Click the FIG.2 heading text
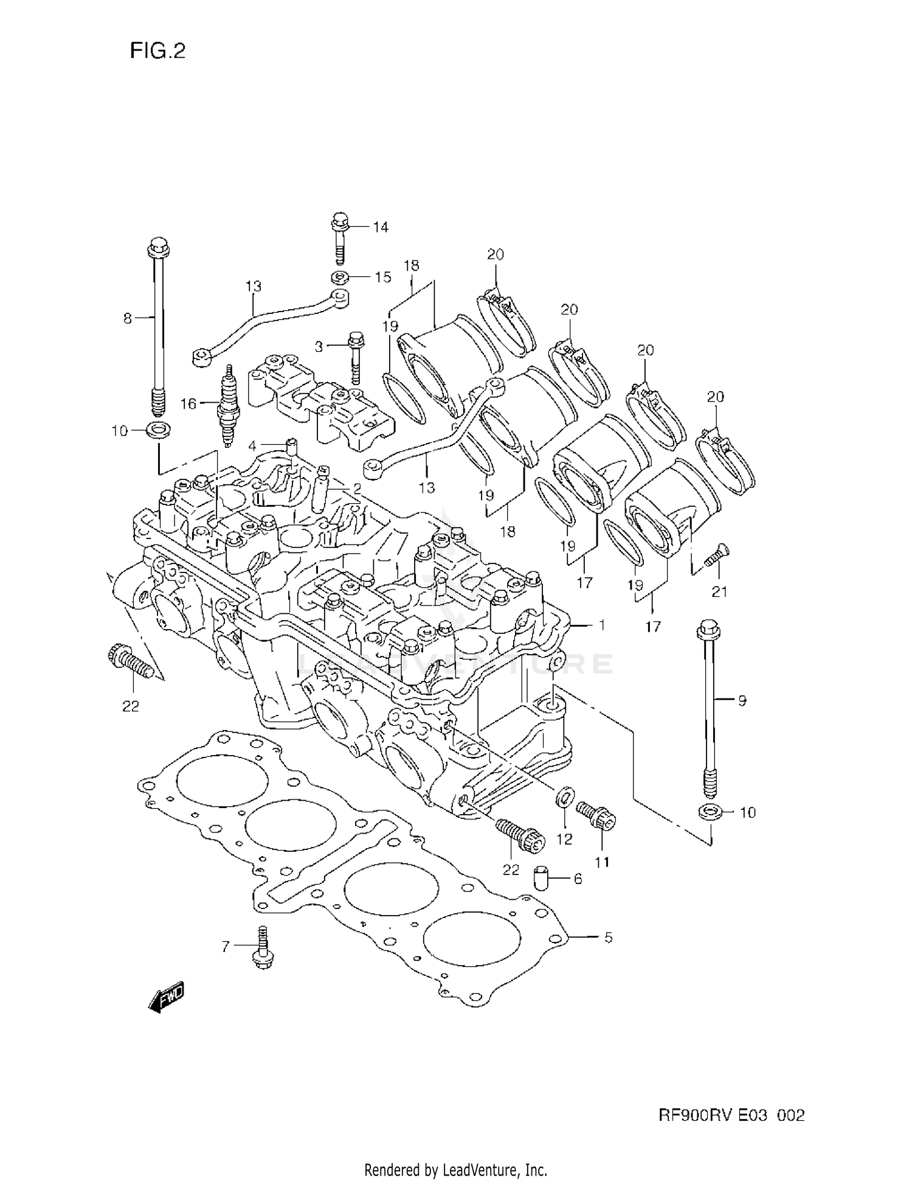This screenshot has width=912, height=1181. point(157,51)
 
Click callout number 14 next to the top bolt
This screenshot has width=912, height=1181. point(380,227)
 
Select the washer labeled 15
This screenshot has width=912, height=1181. point(340,278)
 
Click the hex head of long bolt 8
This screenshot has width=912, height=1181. point(158,247)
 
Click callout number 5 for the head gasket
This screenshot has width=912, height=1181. point(608,938)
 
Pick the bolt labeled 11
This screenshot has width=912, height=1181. point(596,814)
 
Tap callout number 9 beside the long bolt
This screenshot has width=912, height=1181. point(742,700)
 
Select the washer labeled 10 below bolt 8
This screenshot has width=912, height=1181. point(158,429)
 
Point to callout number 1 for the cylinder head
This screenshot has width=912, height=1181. point(601,625)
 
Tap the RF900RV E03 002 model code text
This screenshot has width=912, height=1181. point(731,1115)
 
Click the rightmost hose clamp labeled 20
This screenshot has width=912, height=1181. point(727,461)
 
